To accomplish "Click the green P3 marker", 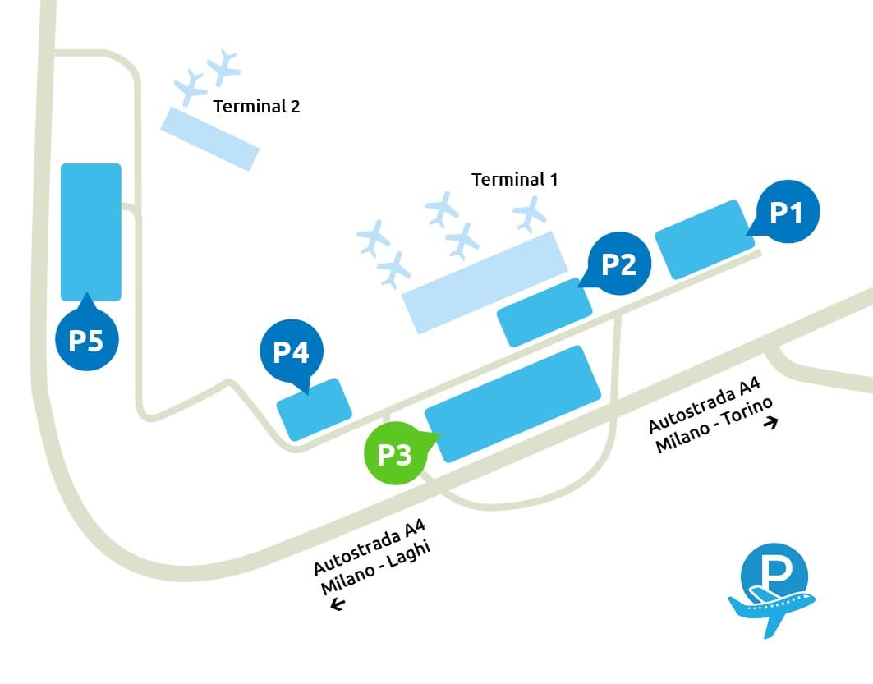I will (396, 454).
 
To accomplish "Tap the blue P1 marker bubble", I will (787, 212).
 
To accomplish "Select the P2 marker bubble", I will (619, 264).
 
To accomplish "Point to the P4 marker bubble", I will (292, 351).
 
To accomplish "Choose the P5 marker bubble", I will (86, 340).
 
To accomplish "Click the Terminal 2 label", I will (256, 106).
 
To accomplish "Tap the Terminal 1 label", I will (514, 179).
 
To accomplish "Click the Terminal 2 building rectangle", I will (209, 138).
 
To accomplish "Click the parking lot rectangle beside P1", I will (705, 238).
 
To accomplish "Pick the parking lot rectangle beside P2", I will (544, 312).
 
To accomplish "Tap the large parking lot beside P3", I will (513, 403).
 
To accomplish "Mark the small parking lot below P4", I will (315, 408).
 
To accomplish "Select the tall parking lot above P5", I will (91, 232).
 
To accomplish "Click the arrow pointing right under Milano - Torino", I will (770, 423).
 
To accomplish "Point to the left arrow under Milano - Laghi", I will (337, 605).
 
